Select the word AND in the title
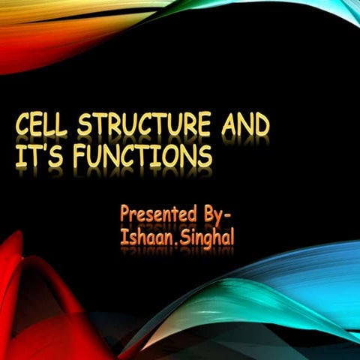click(x=244, y=124)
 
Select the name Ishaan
click(x=144, y=236)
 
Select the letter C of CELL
click(x=25, y=126)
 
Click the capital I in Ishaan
click(x=123, y=235)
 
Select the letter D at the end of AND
click(x=261, y=124)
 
